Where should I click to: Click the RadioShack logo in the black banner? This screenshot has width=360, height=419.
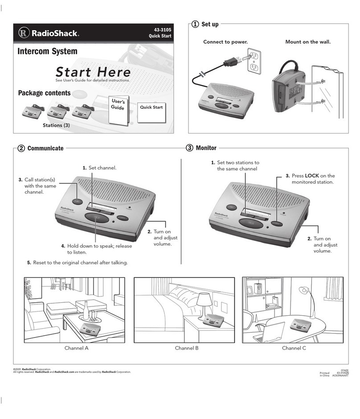[49, 33]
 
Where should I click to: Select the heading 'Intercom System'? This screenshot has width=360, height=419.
[47, 52]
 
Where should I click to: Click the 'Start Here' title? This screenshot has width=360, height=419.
[93, 72]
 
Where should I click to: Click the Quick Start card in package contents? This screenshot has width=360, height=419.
[151, 109]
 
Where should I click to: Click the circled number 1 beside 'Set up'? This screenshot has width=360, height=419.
[195, 24]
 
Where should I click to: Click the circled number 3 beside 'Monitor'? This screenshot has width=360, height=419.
[189, 148]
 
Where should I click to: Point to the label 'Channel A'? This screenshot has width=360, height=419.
[76, 348]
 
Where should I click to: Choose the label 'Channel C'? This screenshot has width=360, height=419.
[294, 348]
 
